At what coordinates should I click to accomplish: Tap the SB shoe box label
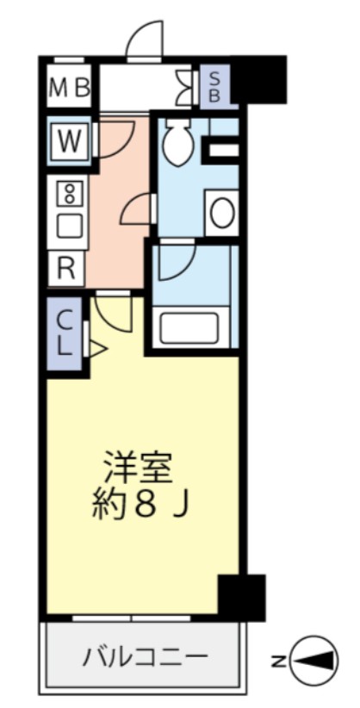click(214, 87)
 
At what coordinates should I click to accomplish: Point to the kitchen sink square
click(69, 227)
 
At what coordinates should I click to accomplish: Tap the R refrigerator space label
click(67, 269)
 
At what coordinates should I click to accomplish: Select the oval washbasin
click(221, 213)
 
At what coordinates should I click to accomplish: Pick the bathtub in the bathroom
click(191, 328)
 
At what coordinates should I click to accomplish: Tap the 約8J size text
click(140, 506)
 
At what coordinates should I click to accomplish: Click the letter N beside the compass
click(279, 661)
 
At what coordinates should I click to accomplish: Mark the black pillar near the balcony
click(240, 596)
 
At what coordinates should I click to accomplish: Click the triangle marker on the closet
click(96, 349)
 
